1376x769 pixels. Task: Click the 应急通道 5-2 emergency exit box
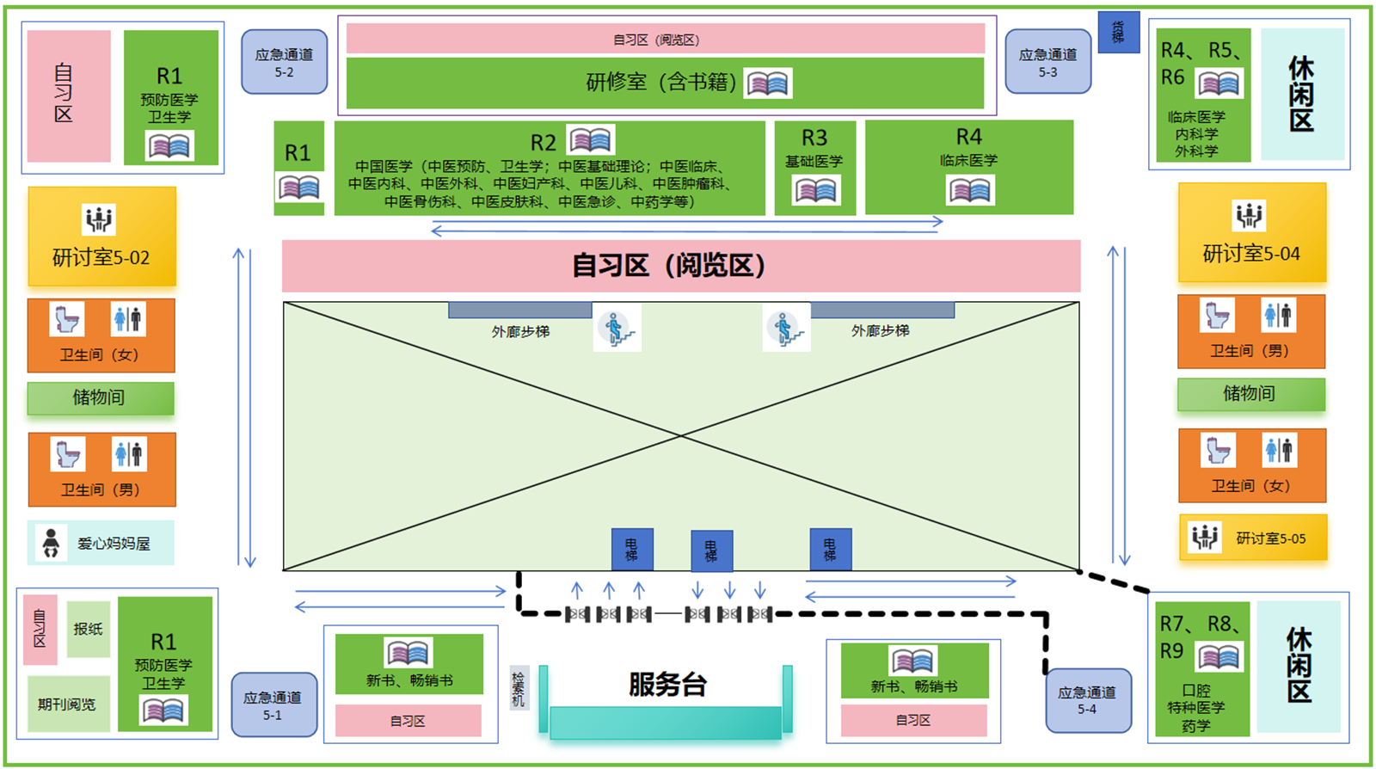click(284, 62)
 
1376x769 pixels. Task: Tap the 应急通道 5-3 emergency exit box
click(1047, 62)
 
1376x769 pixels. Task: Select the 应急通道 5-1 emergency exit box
click(273, 704)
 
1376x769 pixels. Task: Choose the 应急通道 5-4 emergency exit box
click(1087, 700)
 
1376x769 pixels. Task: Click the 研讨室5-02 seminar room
click(101, 237)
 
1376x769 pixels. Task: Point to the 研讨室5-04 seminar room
click(1251, 233)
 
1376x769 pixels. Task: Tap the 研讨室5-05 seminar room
click(1253, 538)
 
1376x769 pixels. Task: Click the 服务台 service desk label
click(667, 685)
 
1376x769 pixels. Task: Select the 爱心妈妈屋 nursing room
click(101, 543)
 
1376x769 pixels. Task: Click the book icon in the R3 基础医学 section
click(815, 191)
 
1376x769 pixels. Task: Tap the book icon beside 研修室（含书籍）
click(767, 83)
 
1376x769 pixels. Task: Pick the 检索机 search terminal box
click(518, 688)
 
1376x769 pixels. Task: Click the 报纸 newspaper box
click(88, 629)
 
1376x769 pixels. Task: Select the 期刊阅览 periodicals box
click(68, 704)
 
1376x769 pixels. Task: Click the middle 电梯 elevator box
click(711, 551)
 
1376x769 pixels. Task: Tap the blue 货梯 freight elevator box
click(1118, 33)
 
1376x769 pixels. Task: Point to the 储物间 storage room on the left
click(100, 397)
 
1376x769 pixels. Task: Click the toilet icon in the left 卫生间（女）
click(67, 319)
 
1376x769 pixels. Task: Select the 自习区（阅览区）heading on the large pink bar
click(669, 266)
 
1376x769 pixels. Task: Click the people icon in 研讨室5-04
click(1249, 214)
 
